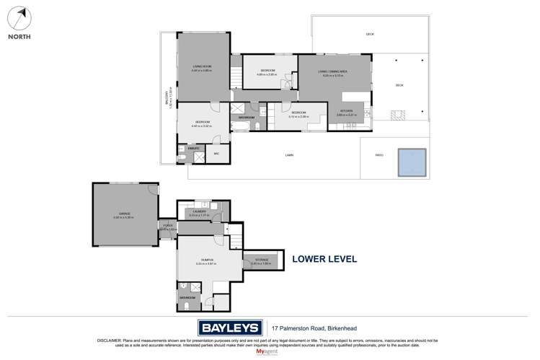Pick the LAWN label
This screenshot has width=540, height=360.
(289, 155)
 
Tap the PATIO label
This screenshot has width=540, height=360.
(379, 155)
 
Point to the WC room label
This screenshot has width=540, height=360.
(216, 153)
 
